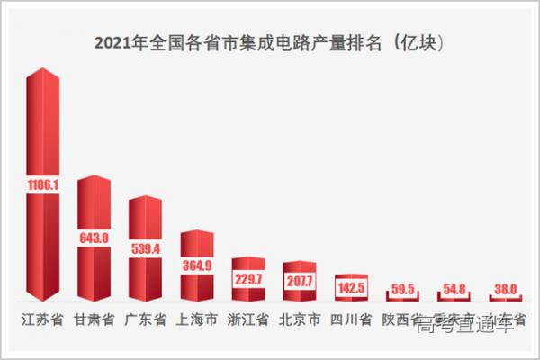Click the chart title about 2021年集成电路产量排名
coord(269,42)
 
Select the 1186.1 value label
coord(42,184)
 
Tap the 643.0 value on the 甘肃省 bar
coord(94,238)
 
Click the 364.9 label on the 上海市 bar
coord(197,265)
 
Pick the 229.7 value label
coord(248,279)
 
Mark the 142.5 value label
coord(352,288)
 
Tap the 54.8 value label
coord(454,290)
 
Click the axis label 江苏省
coord(42,319)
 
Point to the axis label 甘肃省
coord(94,319)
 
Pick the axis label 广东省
coord(145,319)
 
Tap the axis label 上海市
coord(197,319)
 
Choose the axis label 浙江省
coord(248,319)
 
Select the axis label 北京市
coord(300,319)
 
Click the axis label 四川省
coord(352,319)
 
